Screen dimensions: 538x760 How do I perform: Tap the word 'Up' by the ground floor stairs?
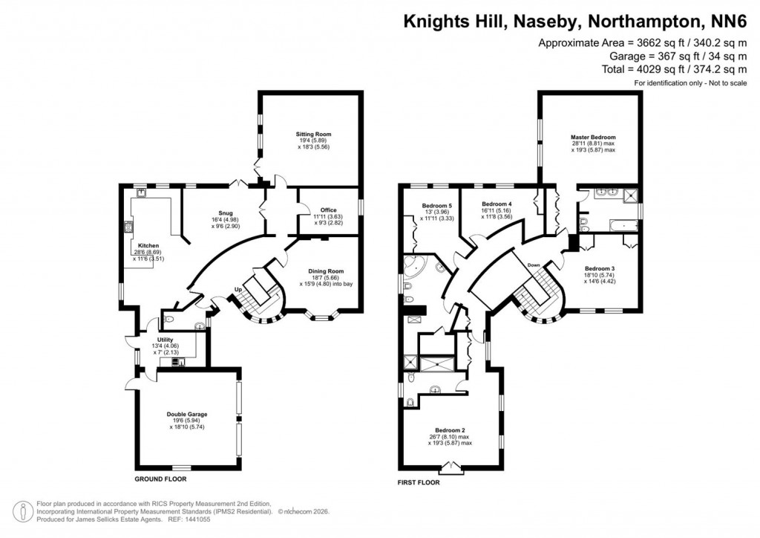coord(237,289)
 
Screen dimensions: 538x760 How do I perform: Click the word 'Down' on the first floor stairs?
coord(534,265)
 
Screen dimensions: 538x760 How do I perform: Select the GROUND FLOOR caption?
coord(160,479)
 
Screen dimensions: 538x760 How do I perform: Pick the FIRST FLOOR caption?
coord(419,482)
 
